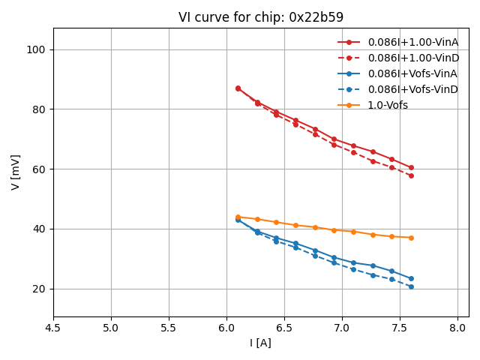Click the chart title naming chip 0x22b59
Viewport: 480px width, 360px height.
click(260, 17)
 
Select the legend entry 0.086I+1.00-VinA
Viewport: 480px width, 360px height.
click(412, 42)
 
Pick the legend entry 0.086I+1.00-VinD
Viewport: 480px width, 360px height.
click(412, 58)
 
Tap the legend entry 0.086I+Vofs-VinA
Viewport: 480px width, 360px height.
click(412, 73)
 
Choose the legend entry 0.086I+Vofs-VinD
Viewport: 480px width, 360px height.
click(412, 89)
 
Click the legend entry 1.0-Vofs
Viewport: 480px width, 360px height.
click(388, 105)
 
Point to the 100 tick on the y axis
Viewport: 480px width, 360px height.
click(37, 49)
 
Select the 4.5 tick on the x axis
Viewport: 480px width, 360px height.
click(53, 328)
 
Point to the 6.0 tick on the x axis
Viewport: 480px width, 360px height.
click(226, 328)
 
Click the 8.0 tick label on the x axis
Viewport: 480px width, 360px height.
click(457, 328)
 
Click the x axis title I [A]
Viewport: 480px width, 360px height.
click(260, 343)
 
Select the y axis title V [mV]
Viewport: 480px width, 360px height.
click(16, 172)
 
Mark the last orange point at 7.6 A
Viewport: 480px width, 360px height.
click(411, 238)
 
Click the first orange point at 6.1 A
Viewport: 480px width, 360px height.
click(238, 217)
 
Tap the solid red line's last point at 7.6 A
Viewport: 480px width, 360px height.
click(411, 167)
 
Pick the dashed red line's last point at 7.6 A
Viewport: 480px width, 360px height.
click(411, 175)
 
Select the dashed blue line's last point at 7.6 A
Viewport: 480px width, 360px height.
click(411, 286)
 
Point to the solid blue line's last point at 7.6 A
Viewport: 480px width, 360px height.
click(411, 278)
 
